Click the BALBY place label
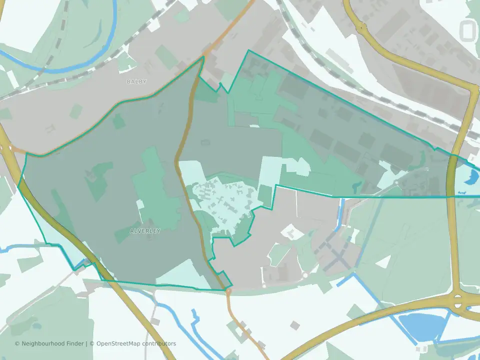click(x=136, y=81)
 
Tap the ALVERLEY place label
click(x=145, y=231)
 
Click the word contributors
click(x=159, y=343)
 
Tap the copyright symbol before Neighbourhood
click(x=17, y=343)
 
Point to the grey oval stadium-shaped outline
click(x=468, y=31)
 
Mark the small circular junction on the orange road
click(x=228, y=290)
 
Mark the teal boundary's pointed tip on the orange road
click(x=203, y=57)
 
